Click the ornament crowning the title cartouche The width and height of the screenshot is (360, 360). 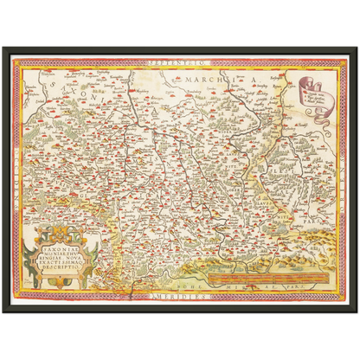61,208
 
